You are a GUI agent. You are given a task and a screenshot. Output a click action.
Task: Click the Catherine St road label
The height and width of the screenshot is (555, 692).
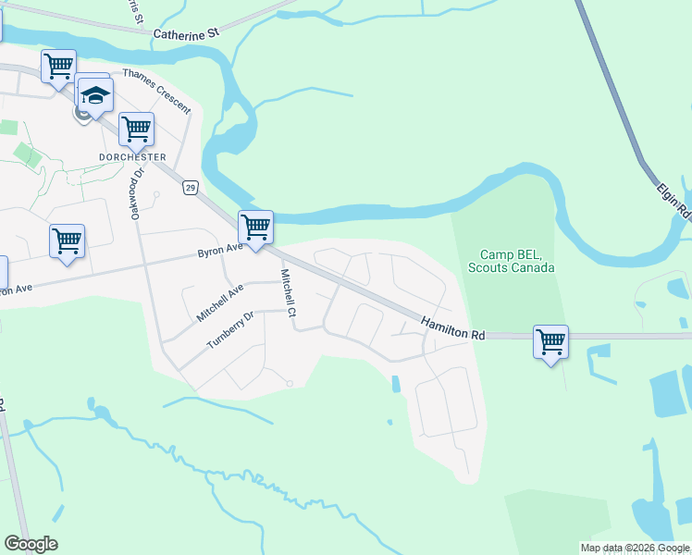click(186, 32)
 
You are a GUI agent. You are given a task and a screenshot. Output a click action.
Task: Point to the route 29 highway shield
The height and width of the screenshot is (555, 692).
click(190, 188)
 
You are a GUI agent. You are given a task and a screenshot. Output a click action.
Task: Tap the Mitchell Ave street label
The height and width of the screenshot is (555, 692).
click(219, 302)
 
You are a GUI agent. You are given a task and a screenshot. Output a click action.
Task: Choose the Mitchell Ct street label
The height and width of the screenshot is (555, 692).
click(289, 293)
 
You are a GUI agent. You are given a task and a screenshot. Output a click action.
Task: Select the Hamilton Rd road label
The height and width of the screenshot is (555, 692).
click(453, 327)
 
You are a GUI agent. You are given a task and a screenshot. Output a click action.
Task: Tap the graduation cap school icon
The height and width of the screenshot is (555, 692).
click(95, 95)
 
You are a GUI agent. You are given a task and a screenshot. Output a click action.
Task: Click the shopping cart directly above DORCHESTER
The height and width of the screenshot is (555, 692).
click(137, 129)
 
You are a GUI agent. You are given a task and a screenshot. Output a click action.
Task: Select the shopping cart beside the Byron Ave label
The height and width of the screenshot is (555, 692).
click(255, 226)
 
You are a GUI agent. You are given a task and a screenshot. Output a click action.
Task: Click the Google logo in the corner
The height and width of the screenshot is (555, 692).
click(31, 544)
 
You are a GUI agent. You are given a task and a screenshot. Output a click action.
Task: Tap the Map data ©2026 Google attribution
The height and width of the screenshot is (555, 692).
click(635, 548)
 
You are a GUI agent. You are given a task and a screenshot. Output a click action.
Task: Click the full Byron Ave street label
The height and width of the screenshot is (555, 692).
click(219, 250)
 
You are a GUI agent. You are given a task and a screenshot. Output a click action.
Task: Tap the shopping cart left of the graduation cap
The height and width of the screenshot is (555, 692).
click(58, 66)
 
